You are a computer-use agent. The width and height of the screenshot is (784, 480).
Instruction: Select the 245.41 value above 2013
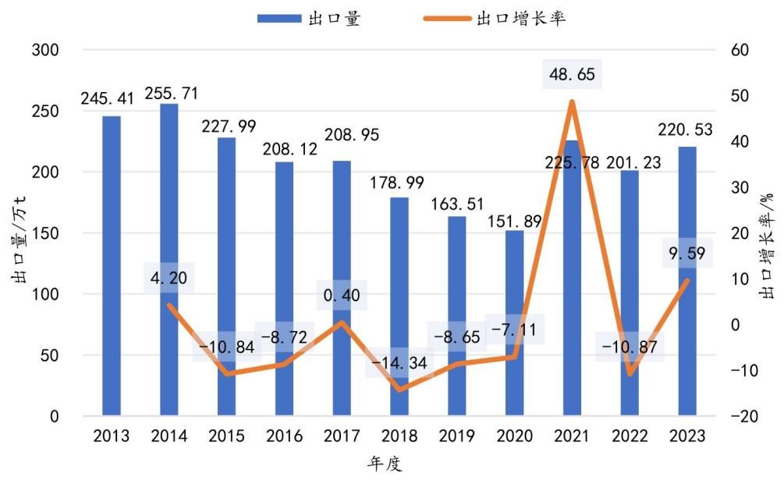(x=107, y=99)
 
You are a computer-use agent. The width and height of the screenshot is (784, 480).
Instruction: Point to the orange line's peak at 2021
(x=572, y=101)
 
